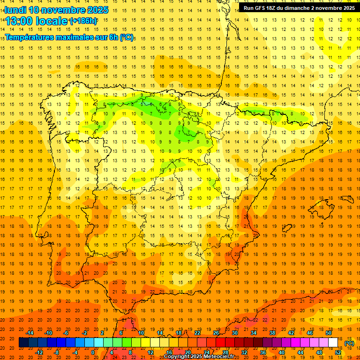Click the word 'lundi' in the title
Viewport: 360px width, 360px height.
pyautogui.click(x=15, y=10)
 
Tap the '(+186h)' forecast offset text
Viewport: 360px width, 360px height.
pyautogui.click(x=83, y=21)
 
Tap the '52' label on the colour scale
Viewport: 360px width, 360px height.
pyautogui.click(x=338, y=352)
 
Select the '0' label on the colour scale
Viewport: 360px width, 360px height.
pyautogui.click(x=93, y=352)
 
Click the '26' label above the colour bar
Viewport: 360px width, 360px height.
pyautogui.click(x=216, y=333)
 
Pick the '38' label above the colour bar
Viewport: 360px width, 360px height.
pyautogui.click(x=272, y=333)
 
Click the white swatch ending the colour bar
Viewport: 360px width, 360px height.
pyautogui.click(x=333, y=343)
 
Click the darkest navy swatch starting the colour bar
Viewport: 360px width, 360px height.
pyautogui.click(x=23, y=343)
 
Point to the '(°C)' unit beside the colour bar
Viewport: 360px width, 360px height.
pyautogui.click(x=349, y=343)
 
